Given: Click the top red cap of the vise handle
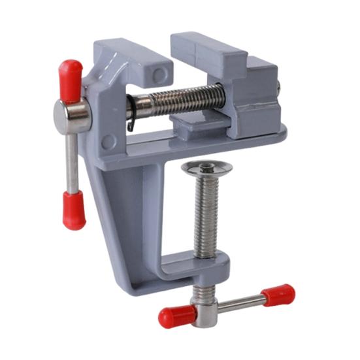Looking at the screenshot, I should [71, 78].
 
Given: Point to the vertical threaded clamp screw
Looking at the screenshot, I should [208, 216].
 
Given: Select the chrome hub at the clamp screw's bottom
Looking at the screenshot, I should [205, 307].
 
